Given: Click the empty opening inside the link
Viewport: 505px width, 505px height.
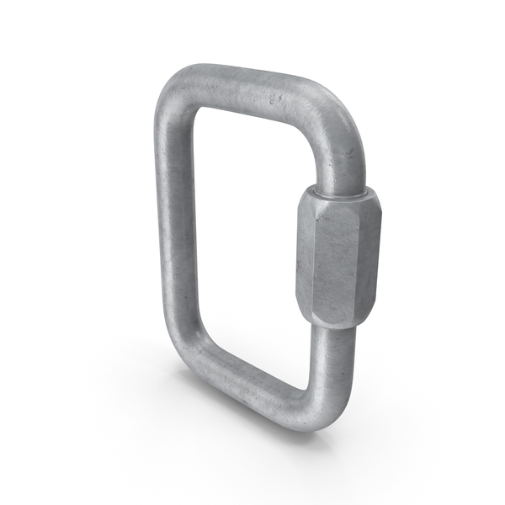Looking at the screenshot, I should (x=248, y=244).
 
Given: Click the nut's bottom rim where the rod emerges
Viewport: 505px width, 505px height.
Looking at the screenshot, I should (x=332, y=326).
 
